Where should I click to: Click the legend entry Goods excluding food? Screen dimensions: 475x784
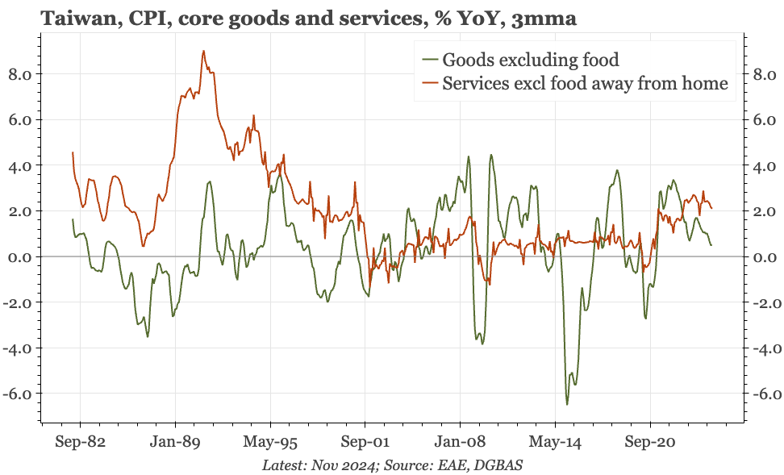[531, 59]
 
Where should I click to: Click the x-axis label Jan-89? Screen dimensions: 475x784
[175, 444]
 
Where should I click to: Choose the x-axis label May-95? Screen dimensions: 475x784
[270, 444]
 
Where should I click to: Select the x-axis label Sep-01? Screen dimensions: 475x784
[365, 444]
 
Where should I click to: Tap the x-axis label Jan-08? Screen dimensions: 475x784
[460, 444]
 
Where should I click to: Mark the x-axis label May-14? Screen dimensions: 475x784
[555, 444]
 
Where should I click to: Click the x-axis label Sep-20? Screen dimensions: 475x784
[650, 444]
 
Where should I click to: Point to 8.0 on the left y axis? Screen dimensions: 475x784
[19, 74]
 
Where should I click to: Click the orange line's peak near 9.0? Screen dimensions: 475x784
[203, 51]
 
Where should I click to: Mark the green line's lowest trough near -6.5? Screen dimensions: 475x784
[567, 404]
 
